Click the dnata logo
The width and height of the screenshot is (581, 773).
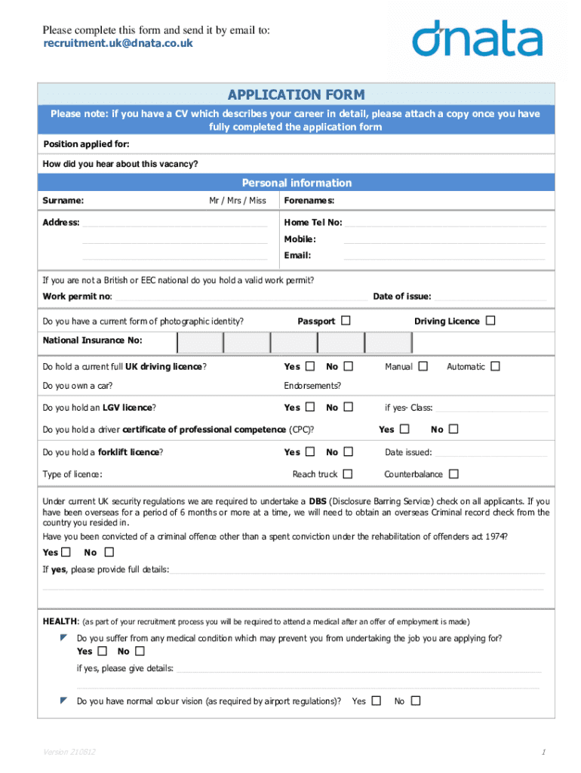coord(477,38)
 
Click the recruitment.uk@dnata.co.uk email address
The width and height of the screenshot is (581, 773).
coord(118,43)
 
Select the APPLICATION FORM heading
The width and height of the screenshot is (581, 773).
coord(296,94)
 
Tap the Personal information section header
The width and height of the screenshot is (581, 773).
coord(296,183)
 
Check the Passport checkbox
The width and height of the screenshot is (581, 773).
coord(346,321)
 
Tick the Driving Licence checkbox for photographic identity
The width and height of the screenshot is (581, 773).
coord(490,321)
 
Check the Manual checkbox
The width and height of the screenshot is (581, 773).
coord(423,366)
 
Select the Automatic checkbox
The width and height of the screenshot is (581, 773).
coord(495,366)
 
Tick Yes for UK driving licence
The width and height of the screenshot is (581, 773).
coord(310,366)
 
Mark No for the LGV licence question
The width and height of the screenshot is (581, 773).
coord(348,407)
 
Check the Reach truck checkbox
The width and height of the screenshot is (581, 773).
coord(347,474)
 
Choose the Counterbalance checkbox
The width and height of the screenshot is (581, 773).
coord(453,474)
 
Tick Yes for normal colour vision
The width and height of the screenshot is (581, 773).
coord(376,701)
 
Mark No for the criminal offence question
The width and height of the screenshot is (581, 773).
coord(109,552)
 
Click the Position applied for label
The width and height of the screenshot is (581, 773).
coord(86,144)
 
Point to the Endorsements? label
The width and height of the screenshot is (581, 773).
coord(312,386)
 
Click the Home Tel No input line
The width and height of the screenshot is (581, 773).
coord(445,223)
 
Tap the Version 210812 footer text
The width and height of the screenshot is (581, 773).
coord(69,753)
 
